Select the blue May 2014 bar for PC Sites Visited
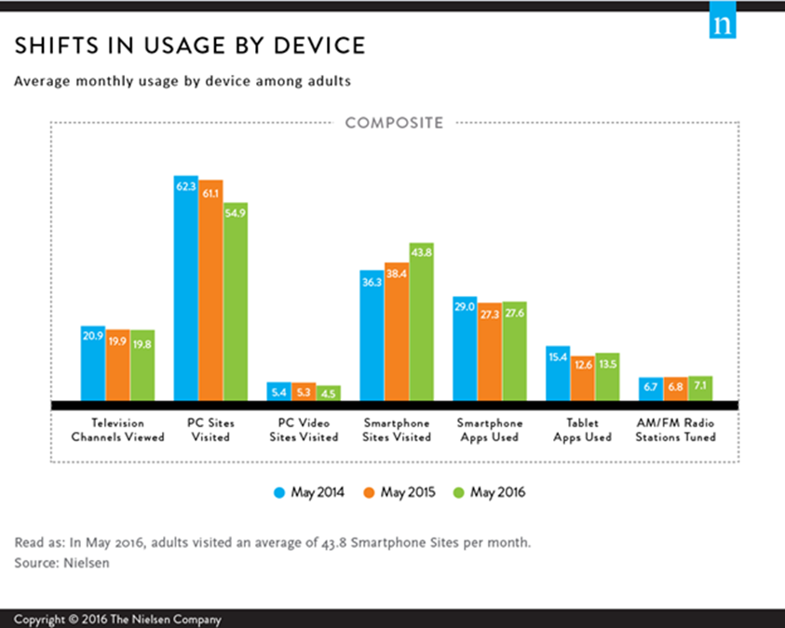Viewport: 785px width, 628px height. click(x=186, y=288)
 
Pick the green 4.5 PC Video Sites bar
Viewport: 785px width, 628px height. click(x=329, y=394)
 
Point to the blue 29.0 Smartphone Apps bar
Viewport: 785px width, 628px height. click(x=466, y=350)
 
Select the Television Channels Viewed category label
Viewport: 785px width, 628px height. click(x=118, y=430)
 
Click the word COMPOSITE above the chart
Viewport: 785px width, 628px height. click(x=395, y=122)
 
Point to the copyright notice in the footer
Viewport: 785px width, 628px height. click(x=117, y=620)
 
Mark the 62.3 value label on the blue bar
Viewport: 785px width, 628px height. click(x=186, y=187)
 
